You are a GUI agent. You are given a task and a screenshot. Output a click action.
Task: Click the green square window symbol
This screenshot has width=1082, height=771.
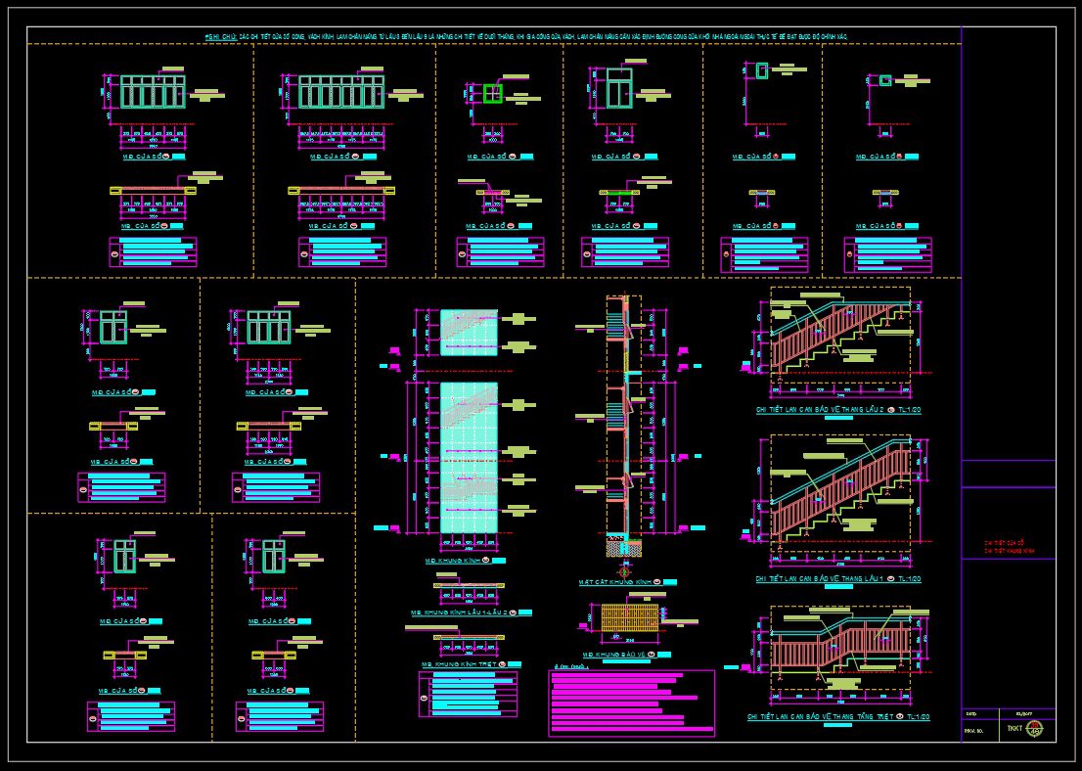pos(492,93)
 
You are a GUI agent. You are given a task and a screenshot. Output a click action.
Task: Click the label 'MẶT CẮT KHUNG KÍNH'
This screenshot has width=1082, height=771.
pos(614,581)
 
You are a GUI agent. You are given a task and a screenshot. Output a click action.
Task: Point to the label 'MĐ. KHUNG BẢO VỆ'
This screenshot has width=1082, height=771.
pos(614,654)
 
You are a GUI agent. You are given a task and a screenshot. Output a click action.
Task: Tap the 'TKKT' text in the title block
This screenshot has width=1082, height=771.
pos(1014,728)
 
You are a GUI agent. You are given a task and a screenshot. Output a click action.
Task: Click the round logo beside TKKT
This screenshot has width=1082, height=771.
pos(1035,727)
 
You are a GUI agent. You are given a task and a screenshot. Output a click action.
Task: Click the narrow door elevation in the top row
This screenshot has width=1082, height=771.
pos(618,88)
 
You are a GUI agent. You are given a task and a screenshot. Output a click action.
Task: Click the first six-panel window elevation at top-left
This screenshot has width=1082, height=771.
pos(153,92)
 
